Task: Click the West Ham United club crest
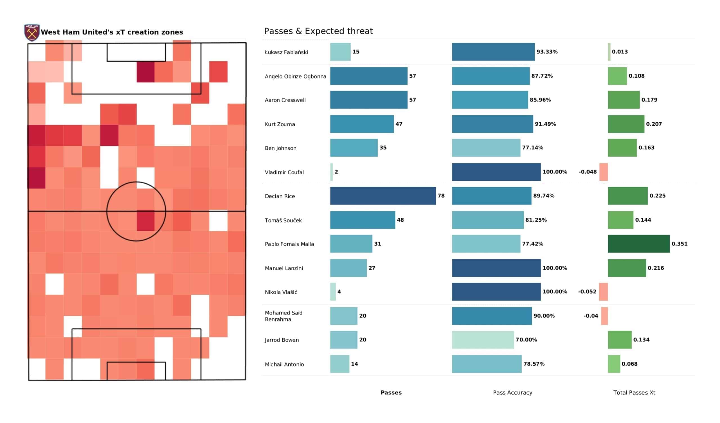[x=32, y=32]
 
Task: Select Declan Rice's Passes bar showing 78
[x=383, y=196]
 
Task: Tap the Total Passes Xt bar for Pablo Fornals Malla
[x=638, y=244]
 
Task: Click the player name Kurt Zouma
[x=280, y=124]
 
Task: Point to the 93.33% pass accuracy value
[x=547, y=52]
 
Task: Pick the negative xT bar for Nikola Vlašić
[x=604, y=292]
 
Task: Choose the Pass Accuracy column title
[x=512, y=393]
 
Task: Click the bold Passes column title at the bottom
[x=391, y=393]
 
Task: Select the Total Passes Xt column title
[x=634, y=393]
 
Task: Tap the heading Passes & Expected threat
[x=318, y=31]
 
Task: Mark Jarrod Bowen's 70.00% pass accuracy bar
[x=483, y=340]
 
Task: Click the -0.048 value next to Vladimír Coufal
[x=588, y=172]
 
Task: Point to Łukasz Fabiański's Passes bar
[x=340, y=52]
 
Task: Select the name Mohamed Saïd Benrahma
[x=283, y=316]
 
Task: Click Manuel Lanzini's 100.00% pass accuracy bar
[x=496, y=268]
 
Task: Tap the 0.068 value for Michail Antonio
[x=629, y=364]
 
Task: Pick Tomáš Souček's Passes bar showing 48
[x=363, y=220]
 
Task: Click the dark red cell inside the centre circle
[x=145, y=220]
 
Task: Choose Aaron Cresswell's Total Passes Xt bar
[x=624, y=100]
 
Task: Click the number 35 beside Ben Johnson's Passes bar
[x=383, y=148]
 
